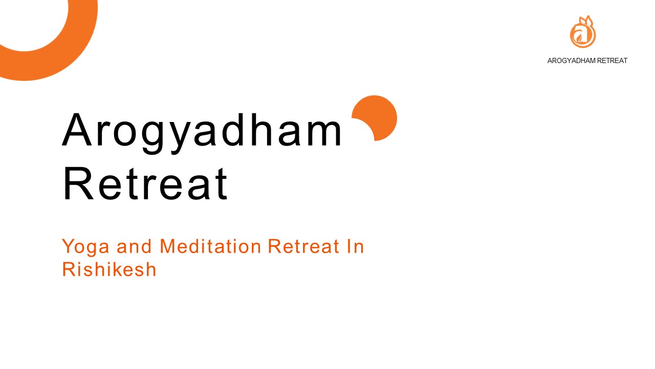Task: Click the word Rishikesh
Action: tap(108, 269)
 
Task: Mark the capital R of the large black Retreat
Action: tap(75, 183)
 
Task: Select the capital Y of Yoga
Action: tap(68, 247)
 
